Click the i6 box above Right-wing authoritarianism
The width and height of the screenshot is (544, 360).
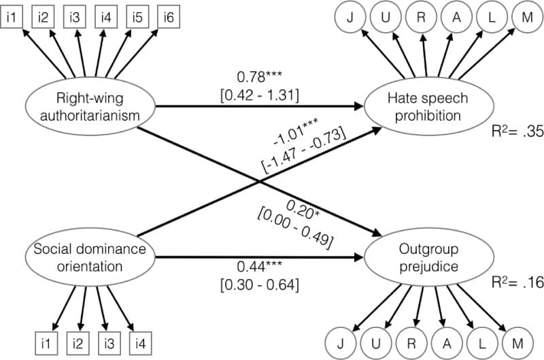coord(168,17)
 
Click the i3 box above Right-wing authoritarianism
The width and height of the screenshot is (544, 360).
coord(74,17)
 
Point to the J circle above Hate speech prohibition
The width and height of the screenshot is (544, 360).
coord(350,17)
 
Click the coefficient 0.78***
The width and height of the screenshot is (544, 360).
coord(259,76)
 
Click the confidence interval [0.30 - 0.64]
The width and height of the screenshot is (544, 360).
coord(258,283)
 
